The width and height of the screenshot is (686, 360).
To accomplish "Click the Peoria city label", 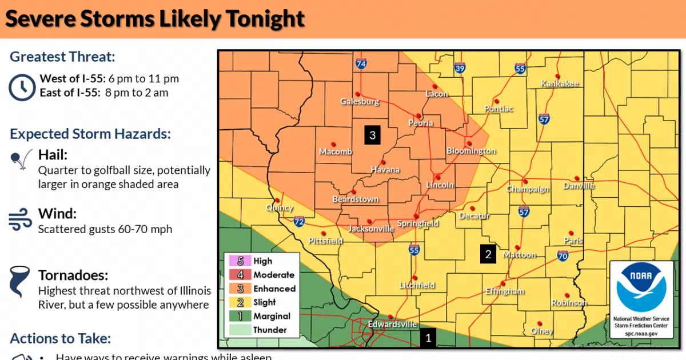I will click(x=421, y=123).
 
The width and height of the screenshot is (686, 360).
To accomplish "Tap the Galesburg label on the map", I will click(x=360, y=102).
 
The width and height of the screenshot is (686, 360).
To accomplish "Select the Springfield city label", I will click(x=418, y=223).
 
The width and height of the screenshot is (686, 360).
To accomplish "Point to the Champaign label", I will click(x=527, y=189).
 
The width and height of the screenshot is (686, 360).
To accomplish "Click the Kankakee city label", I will click(x=560, y=84).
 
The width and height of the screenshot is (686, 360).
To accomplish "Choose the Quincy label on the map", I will click(x=280, y=208).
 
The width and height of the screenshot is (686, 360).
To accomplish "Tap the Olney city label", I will click(x=541, y=331).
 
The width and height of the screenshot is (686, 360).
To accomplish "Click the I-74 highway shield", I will click(x=361, y=65).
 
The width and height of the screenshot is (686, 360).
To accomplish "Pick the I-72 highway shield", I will click(x=299, y=221).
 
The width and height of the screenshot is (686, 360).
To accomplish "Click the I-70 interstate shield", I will click(x=563, y=257).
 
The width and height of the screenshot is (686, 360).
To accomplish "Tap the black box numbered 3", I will click(x=372, y=135).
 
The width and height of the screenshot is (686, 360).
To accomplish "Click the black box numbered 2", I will click(x=488, y=254).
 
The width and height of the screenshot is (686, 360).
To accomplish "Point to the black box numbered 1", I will click(x=429, y=338).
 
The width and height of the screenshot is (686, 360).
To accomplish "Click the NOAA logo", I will click(x=636, y=286).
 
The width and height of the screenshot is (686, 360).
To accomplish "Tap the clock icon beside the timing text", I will click(x=22, y=86).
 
